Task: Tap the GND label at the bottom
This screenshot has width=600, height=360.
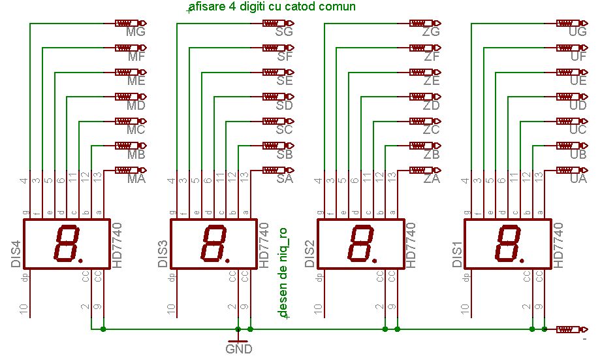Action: [x=238, y=349]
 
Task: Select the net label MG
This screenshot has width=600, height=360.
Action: [x=136, y=31]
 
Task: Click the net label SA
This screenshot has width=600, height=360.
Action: [x=284, y=178]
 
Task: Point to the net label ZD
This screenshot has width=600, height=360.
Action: [x=431, y=105]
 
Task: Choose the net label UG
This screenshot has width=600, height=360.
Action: [x=578, y=31]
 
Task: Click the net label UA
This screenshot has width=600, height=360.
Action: [x=578, y=178]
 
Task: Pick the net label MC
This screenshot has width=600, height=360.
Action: [x=136, y=129]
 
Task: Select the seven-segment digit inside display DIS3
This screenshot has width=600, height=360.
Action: [x=213, y=243]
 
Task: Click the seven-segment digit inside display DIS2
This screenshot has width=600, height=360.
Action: [x=360, y=243]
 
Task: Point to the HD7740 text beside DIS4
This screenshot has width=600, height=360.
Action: [x=118, y=244]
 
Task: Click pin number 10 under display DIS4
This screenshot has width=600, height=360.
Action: [x=24, y=309]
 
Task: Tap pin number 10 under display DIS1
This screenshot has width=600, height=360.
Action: [x=465, y=309]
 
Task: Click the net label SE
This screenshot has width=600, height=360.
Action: [x=284, y=80]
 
